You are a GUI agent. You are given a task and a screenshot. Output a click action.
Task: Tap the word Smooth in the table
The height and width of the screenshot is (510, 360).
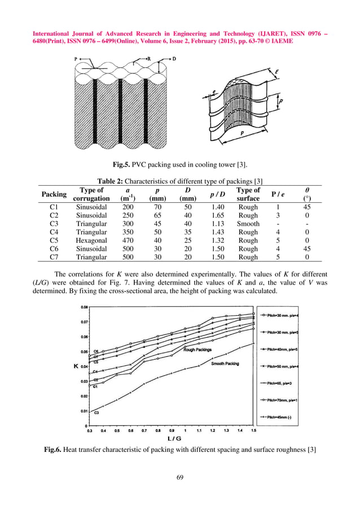coord(248,224)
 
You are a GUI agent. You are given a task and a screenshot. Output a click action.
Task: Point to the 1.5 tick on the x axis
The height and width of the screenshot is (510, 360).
coord(253,430)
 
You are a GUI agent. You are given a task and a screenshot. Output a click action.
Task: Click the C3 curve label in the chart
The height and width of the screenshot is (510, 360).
coord(96,413)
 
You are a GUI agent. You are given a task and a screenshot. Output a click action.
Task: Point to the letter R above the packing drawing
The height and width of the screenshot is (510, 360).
coord(148,58)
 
